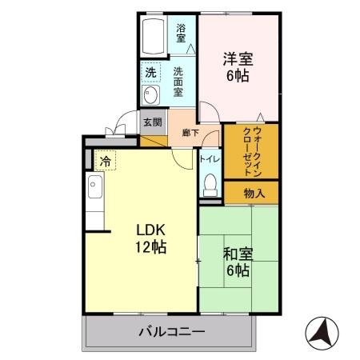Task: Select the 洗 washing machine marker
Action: click(x=150, y=73)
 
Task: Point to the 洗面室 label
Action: click(x=179, y=81)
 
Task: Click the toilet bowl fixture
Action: click(x=210, y=185)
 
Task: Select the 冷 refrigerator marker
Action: click(x=106, y=161)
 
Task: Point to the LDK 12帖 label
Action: click(x=150, y=238)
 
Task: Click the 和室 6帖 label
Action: click(x=238, y=262)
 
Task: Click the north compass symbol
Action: click(x=323, y=333)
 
